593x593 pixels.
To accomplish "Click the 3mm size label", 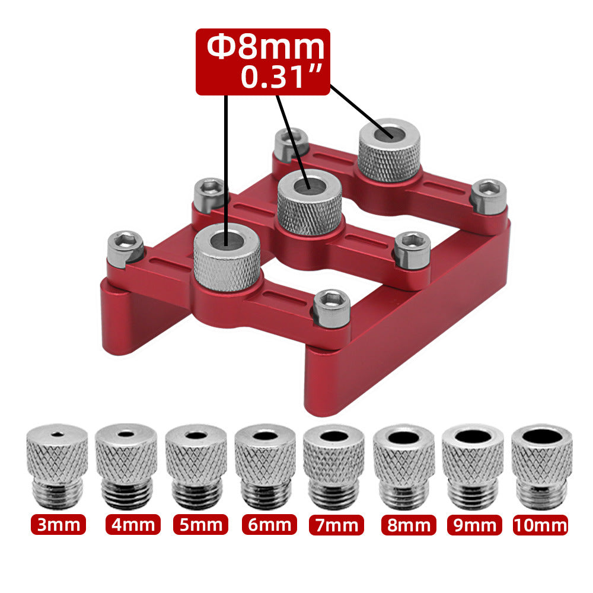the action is coord(58,525).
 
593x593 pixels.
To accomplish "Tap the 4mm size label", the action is coord(133,525).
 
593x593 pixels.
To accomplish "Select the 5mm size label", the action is coord(200,525).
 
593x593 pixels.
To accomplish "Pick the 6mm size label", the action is coord(269,525).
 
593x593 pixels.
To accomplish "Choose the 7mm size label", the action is coord(336,525).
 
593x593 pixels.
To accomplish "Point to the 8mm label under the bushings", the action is coord(409,525).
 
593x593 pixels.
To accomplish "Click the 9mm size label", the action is coord(474,525).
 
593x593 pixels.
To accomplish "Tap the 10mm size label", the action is coord(540,525).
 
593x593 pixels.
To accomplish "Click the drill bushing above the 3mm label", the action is coord(57,466).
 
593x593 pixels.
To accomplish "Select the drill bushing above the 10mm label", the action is coord(541,466).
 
